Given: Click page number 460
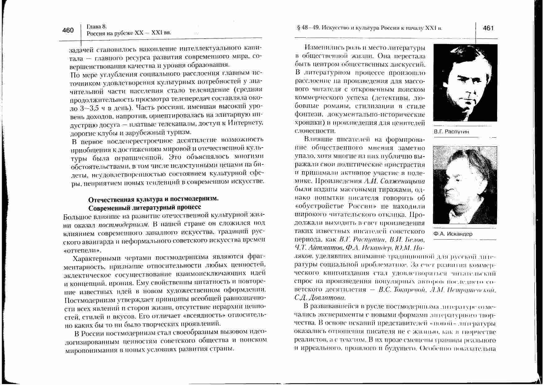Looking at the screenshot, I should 68,30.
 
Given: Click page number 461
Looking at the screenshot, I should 488,28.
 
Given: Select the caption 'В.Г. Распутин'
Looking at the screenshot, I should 451,132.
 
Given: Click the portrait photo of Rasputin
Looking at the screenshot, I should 465,83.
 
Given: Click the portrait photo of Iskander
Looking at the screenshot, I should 465,185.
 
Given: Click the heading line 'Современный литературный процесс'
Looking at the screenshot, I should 145,207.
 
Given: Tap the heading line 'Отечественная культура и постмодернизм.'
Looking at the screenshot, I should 154,199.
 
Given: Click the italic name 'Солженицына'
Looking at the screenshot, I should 402,181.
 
